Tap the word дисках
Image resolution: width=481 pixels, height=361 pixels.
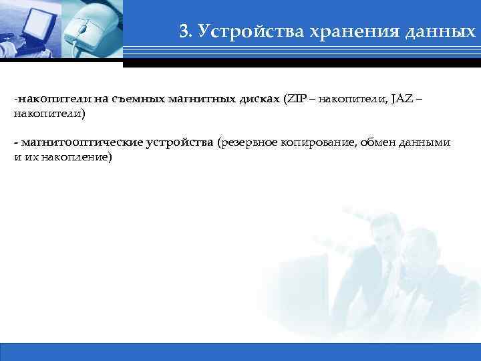pos(260,100)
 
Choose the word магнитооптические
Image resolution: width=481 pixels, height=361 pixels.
pos(73,142)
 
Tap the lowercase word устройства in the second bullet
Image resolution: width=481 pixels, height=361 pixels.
pos(176,142)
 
